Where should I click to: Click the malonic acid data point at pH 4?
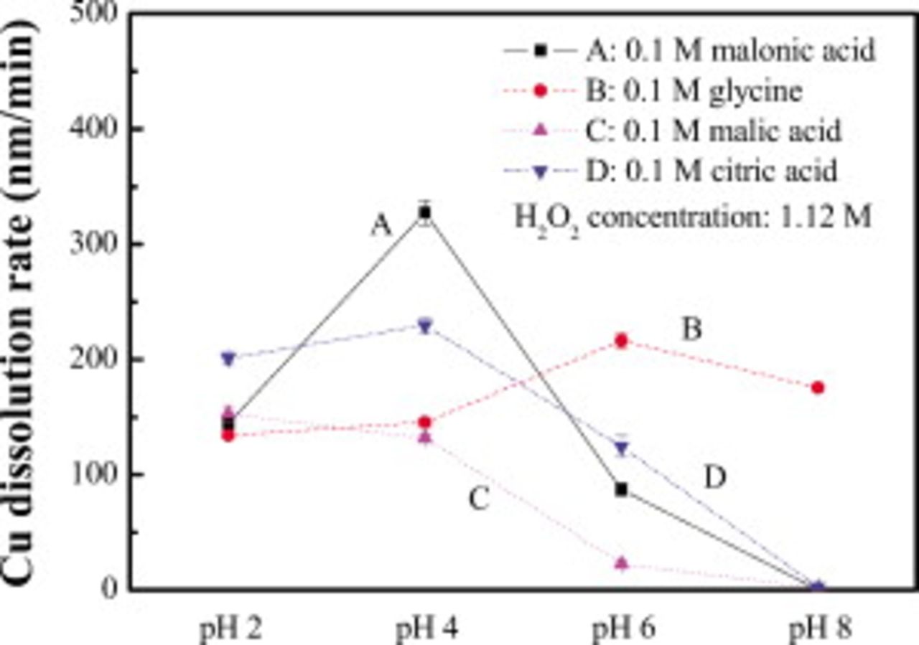425,212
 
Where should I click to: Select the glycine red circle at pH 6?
621,341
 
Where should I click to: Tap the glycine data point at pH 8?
818,387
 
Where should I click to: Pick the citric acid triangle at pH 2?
228,358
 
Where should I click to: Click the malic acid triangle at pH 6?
621,563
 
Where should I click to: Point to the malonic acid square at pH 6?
621,489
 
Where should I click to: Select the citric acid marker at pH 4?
425,326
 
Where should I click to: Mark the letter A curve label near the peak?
381,227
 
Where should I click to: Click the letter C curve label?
479,499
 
